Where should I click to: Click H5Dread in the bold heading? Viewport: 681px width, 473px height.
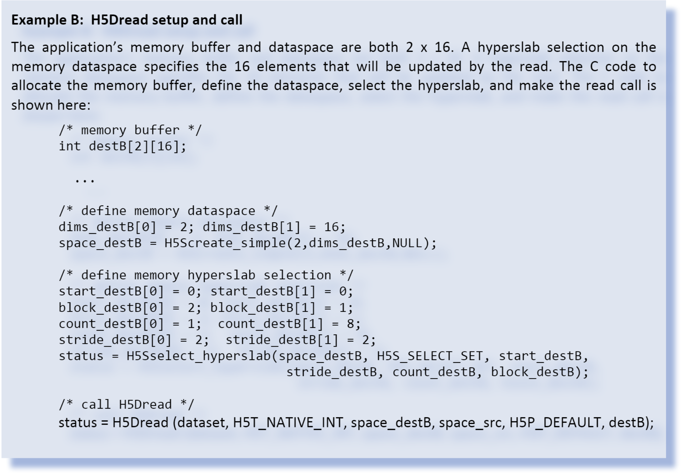(x=119, y=20)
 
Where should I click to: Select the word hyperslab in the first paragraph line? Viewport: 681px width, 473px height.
(x=508, y=47)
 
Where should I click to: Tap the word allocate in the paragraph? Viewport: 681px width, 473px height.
(x=36, y=86)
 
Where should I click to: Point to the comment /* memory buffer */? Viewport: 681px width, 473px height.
(x=130, y=130)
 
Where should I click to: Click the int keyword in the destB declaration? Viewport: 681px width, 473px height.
(x=70, y=146)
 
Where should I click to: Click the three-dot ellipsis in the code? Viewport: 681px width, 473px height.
(x=85, y=180)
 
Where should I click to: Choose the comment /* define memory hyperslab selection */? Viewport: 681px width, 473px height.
(x=206, y=275)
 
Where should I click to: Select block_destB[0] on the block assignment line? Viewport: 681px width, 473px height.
(x=111, y=308)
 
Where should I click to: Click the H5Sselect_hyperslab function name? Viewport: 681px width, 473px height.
(x=199, y=356)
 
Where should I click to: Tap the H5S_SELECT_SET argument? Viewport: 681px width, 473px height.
(x=430, y=356)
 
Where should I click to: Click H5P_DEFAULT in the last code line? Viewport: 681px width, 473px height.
(x=555, y=423)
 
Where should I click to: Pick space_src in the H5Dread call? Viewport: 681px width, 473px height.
(x=470, y=423)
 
